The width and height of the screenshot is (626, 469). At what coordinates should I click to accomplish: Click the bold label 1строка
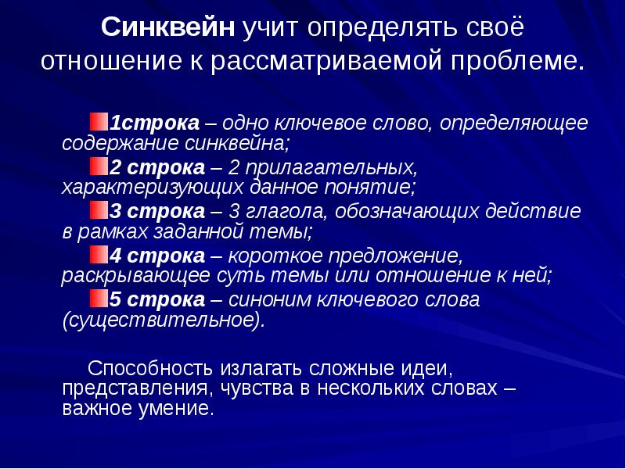coord(153,123)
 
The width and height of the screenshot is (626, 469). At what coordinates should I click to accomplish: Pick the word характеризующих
coord(148,188)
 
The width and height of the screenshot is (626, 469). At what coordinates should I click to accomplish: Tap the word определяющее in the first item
coord(513,123)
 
